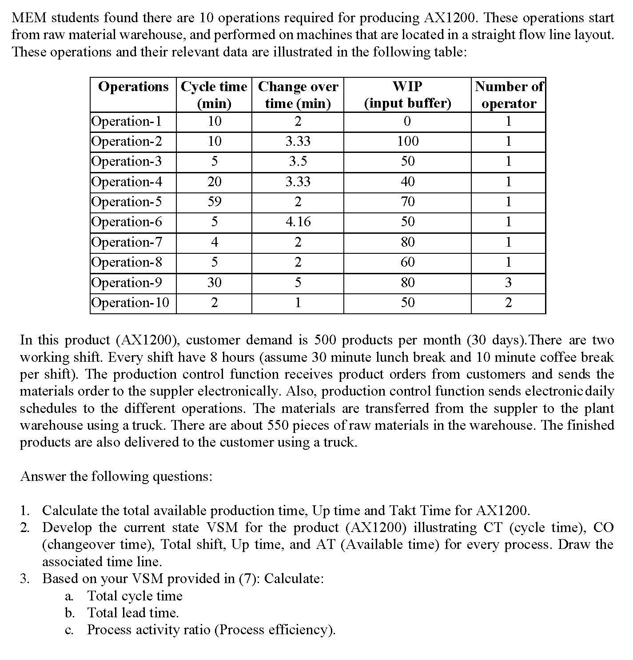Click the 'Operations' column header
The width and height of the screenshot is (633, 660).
[x=133, y=86]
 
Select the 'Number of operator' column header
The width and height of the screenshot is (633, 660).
[x=509, y=95]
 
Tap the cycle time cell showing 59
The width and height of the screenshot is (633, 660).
[x=214, y=202]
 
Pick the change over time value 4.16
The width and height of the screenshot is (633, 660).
[x=298, y=222]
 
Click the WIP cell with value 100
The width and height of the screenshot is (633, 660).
[x=407, y=141]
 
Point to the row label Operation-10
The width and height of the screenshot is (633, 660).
[x=130, y=303]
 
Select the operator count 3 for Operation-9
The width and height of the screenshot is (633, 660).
[x=508, y=283]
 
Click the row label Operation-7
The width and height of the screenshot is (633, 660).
[x=127, y=242]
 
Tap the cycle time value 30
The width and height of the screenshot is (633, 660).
[x=214, y=283]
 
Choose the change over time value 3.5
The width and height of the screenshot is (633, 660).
[x=298, y=161]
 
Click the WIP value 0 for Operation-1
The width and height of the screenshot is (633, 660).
[x=407, y=121]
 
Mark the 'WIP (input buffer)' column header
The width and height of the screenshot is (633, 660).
[x=407, y=95]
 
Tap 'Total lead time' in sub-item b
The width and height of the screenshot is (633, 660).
[x=132, y=613]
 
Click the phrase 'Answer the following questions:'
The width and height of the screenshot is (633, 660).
[x=116, y=476]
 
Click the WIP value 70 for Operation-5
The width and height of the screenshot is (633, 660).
[x=407, y=202]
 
